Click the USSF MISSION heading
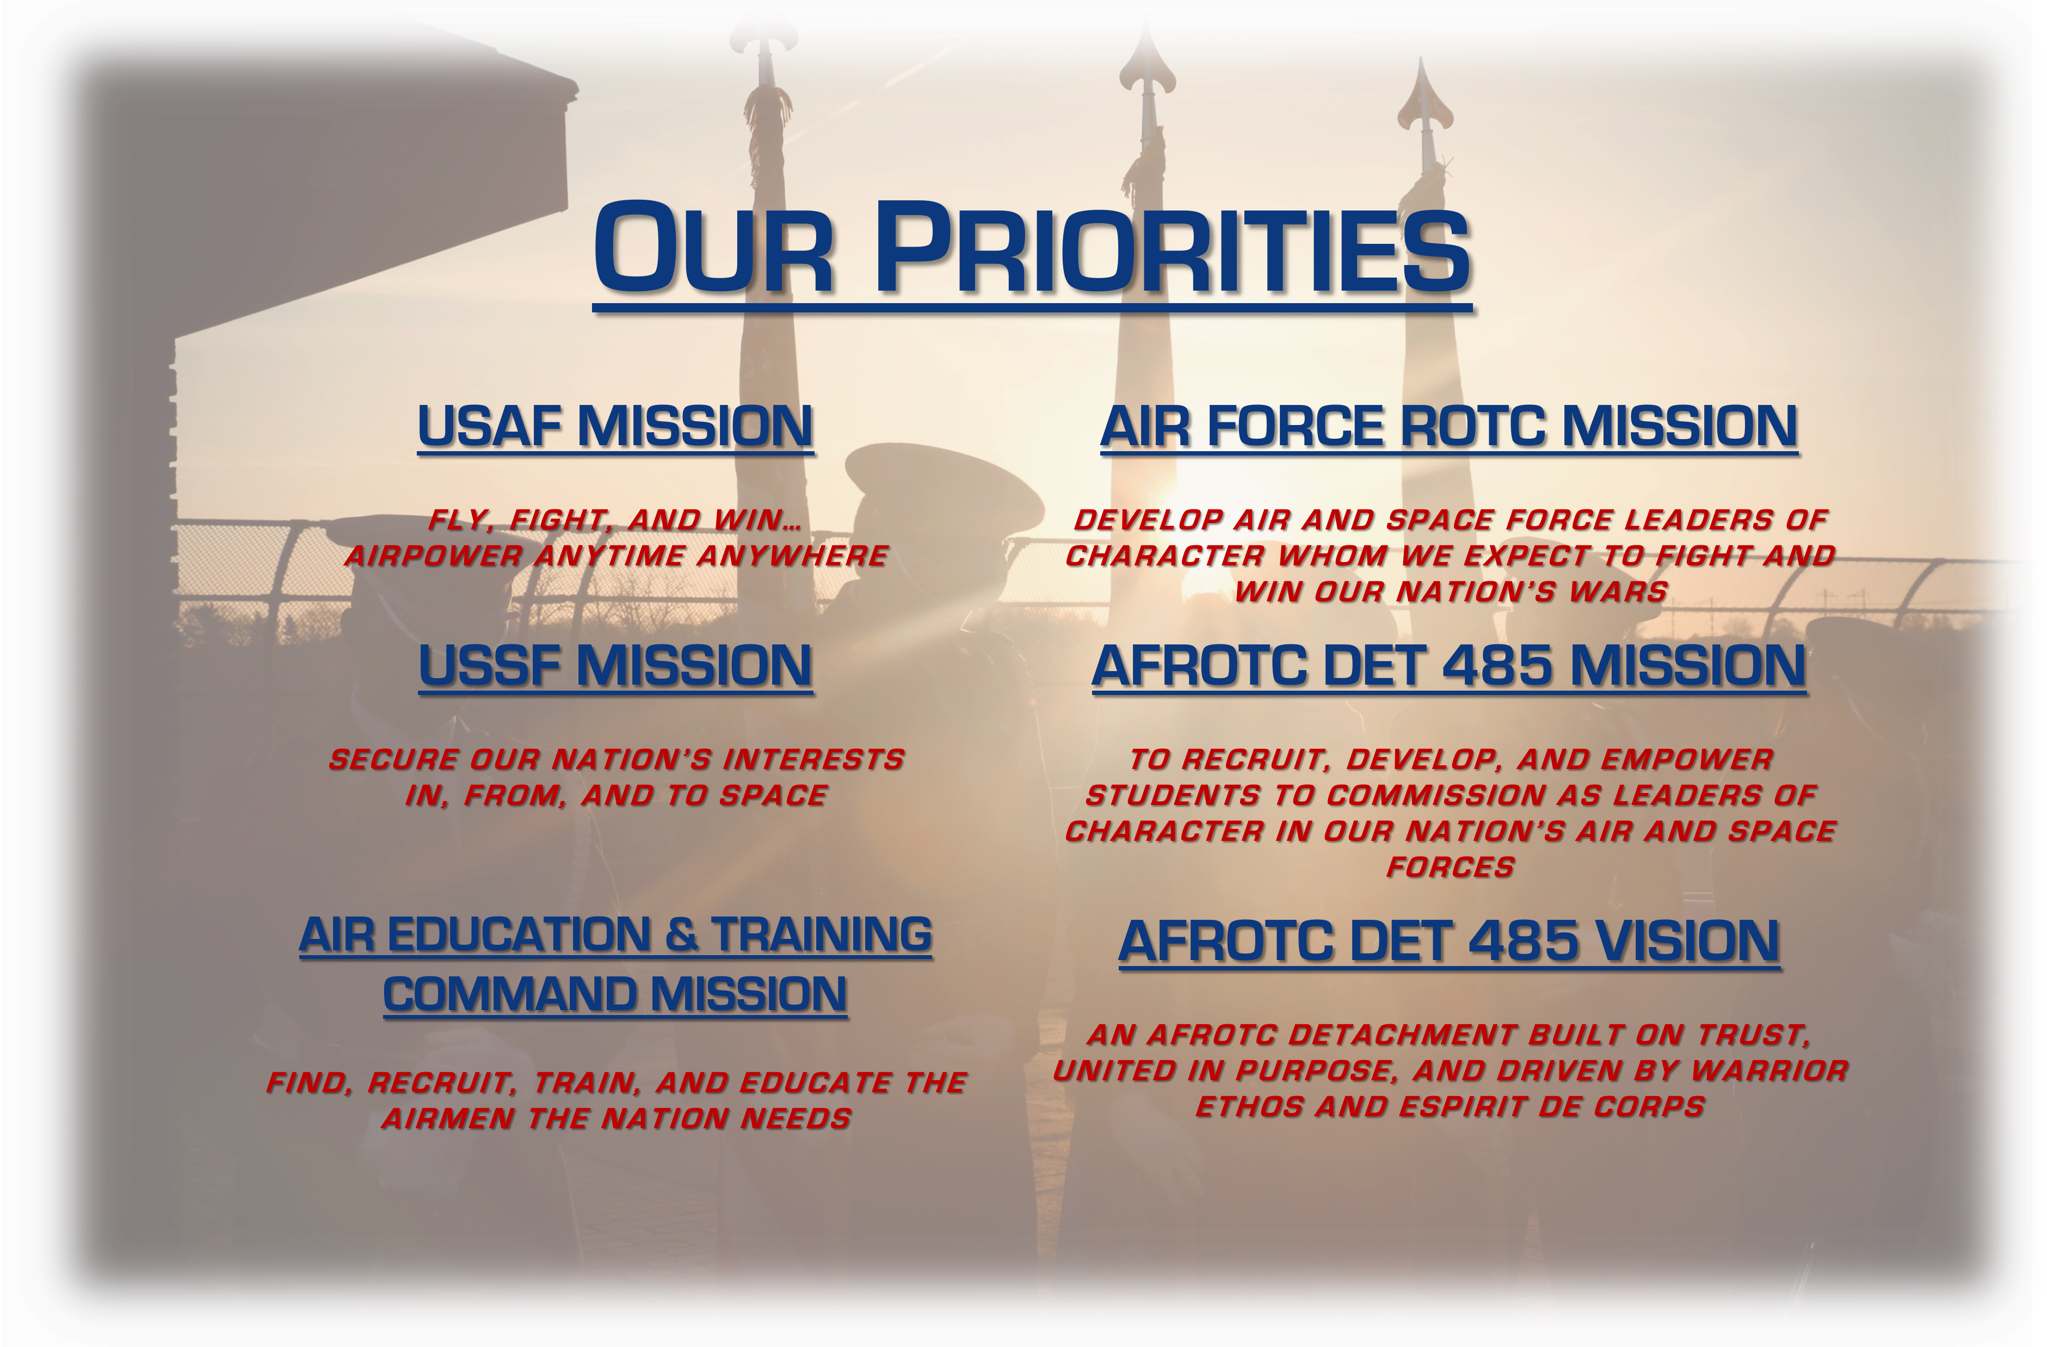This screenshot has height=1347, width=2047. point(615,666)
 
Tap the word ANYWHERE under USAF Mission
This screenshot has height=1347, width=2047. point(792,556)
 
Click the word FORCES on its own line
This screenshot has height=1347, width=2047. point(1450,867)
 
